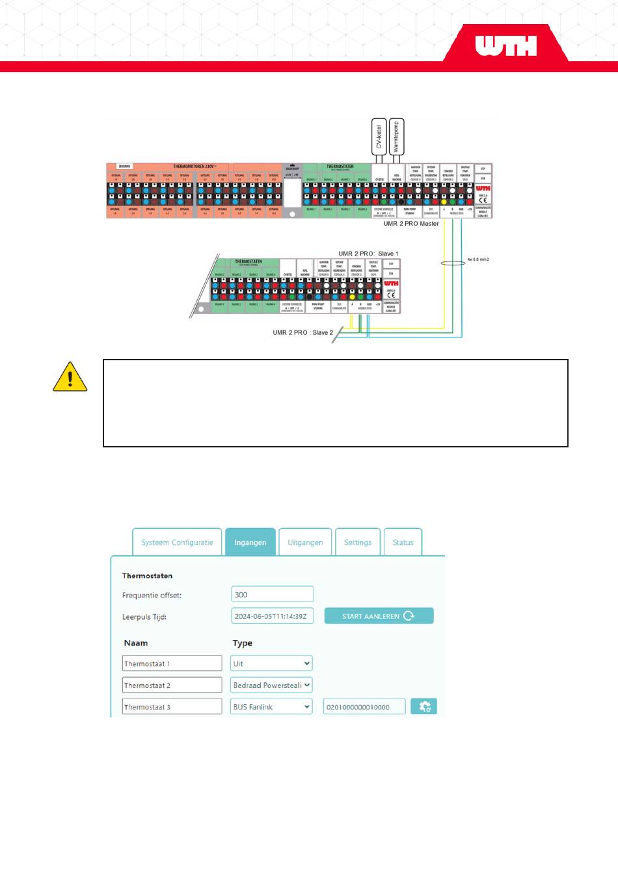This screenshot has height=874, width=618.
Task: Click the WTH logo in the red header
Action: (505, 46)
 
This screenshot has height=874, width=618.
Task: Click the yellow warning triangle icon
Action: (70, 377)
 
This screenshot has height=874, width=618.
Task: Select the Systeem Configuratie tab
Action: (177, 542)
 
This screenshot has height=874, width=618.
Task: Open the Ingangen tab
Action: (250, 542)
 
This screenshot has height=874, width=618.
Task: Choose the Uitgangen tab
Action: (305, 542)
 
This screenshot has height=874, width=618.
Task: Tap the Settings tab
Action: (358, 542)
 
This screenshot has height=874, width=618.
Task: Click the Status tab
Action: (403, 542)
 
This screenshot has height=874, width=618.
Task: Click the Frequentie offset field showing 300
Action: (272, 594)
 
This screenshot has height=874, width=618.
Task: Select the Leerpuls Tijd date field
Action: (272, 616)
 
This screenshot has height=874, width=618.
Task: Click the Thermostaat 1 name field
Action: (172, 663)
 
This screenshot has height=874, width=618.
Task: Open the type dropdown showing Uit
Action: (271, 663)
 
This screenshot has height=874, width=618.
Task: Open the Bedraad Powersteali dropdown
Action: (271, 685)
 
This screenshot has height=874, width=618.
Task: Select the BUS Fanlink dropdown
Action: (271, 707)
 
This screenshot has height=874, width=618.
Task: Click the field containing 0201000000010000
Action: (364, 707)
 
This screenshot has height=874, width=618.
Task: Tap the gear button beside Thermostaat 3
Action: (424, 706)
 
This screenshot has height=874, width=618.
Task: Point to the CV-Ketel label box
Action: (379, 136)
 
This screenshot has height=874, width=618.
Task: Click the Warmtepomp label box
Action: (396, 136)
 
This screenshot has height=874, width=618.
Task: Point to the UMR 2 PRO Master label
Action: (411, 224)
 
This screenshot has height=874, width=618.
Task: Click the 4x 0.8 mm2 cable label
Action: (478, 259)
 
